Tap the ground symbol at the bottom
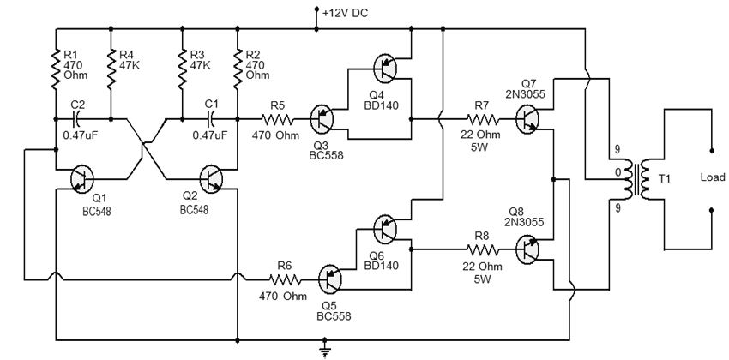(325, 347)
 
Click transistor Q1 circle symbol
(82, 177)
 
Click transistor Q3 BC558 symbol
(322, 118)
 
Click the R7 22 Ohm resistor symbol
(480, 119)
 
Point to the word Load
(713, 178)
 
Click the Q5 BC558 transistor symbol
(331, 278)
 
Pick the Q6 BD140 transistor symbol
(386, 228)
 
